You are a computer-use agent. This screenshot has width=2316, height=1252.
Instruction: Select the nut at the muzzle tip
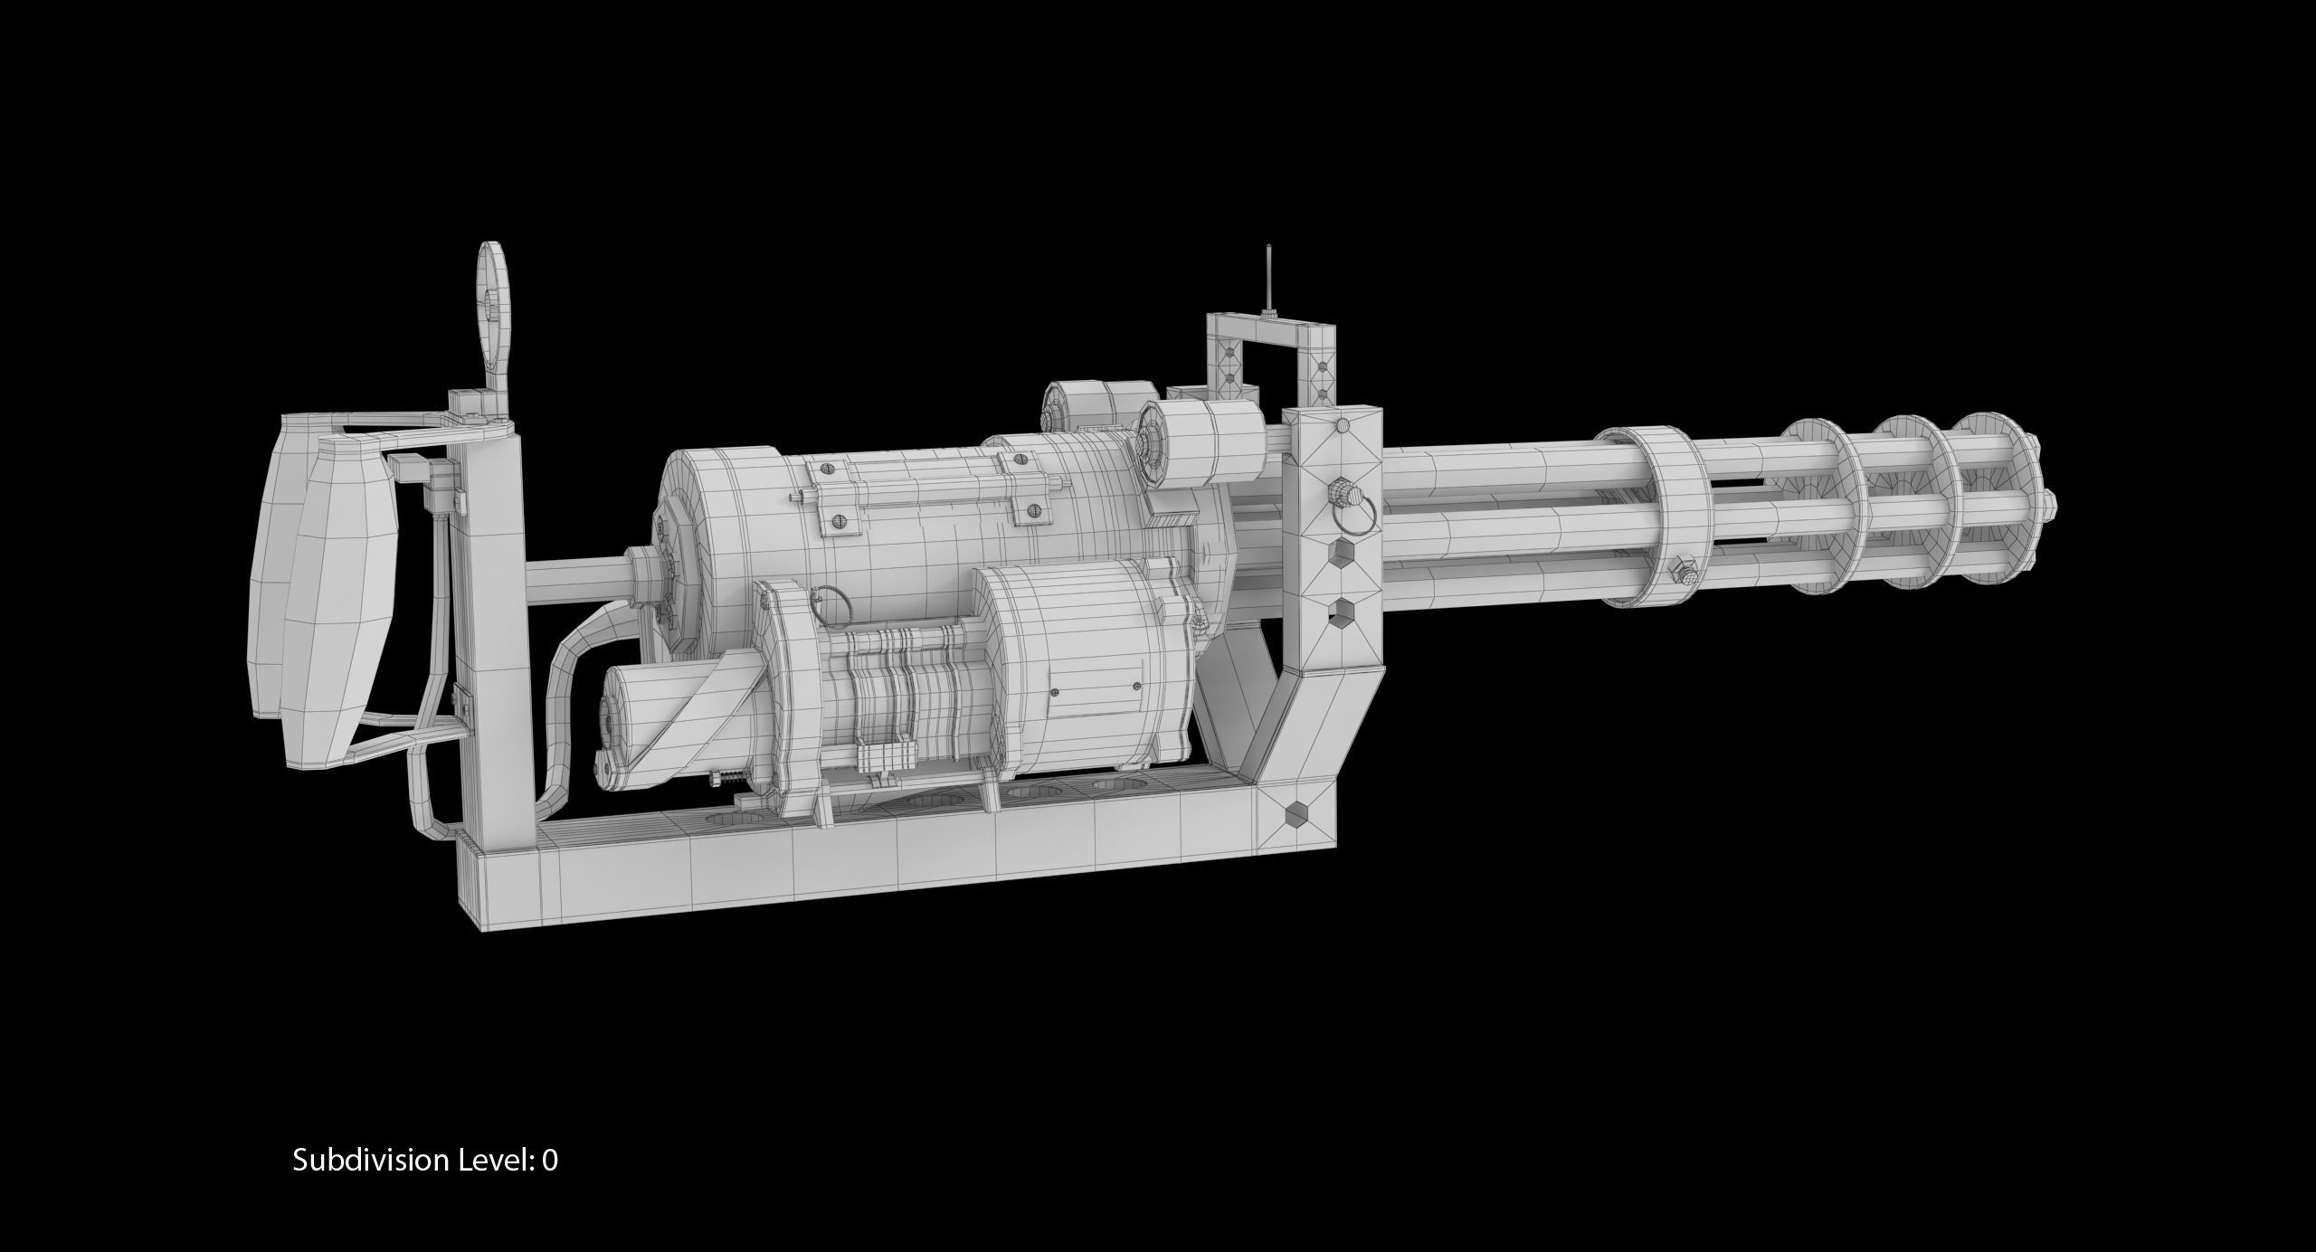click(2047, 503)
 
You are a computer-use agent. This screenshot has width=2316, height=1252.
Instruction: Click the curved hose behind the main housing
click(579, 669)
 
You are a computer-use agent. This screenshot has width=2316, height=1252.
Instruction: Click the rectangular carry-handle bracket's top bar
click(1271, 327)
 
